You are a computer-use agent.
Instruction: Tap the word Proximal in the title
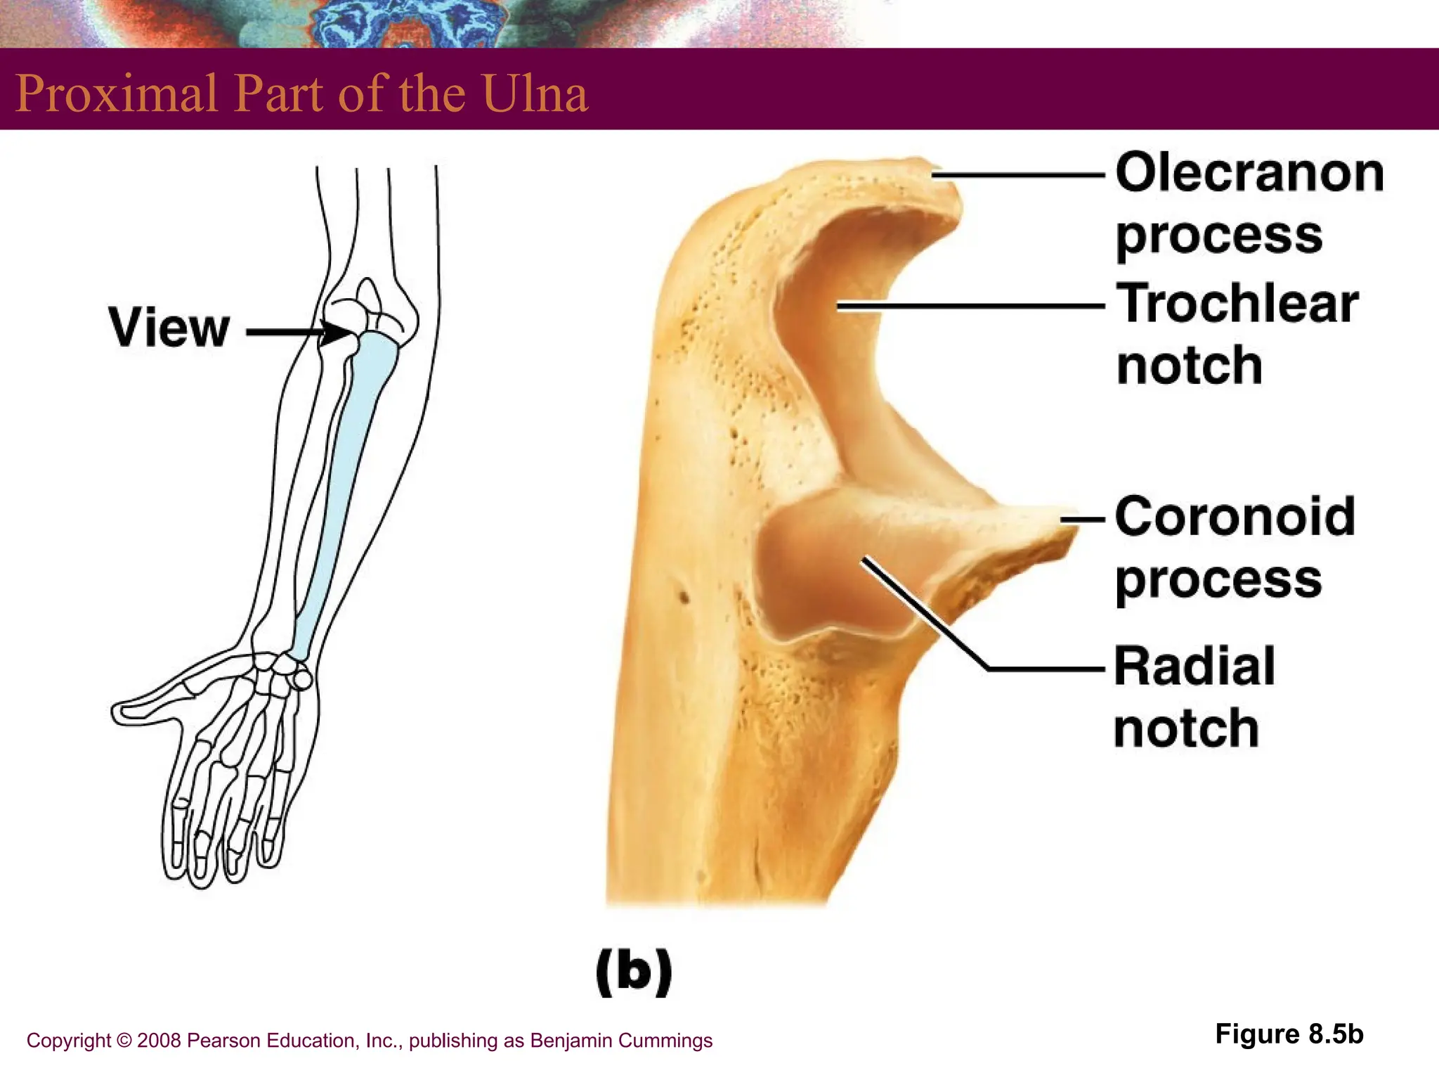pyautogui.click(x=117, y=94)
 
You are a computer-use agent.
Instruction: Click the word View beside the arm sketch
pyautogui.click(x=169, y=328)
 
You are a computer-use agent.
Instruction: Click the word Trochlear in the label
pyautogui.click(x=1237, y=304)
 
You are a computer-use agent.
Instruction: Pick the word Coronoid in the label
pyautogui.click(x=1235, y=517)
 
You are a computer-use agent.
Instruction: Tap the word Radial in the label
pyautogui.click(x=1194, y=667)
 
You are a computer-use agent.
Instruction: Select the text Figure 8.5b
pyautogui.click(x=1289, y=1034)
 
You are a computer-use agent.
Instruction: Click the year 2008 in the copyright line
pyautogui.click(x=159, y=1041)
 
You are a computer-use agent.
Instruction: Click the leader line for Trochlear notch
pyautogui.click(x=970, y=307)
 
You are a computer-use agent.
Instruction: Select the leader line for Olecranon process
pyautogui.click(x=1019, y=175)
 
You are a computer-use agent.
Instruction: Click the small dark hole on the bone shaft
pyautogui.click(x=683, y=598)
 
